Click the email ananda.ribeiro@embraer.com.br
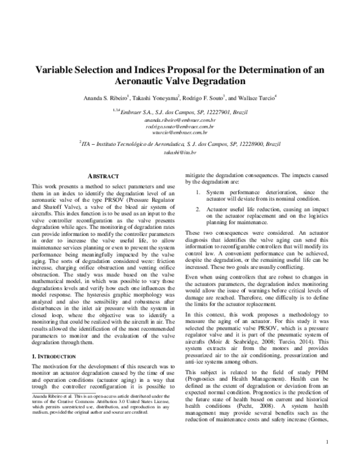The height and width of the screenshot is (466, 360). point(180,121)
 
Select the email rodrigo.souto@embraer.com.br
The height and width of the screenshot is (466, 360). point(180,127)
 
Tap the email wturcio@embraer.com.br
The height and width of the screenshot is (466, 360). point(180,133)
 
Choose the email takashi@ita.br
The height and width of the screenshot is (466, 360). point(180,153)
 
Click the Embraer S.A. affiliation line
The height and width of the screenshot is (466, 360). point(180,110)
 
